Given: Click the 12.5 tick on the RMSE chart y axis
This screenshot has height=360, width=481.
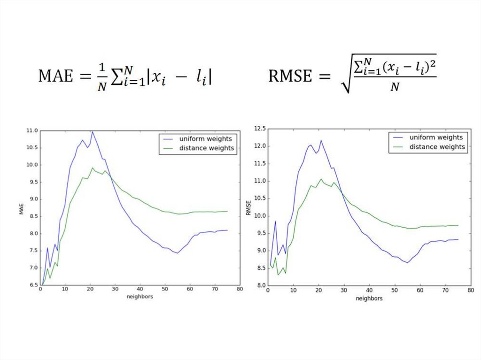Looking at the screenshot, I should pyautogui.click(x=259, y=128).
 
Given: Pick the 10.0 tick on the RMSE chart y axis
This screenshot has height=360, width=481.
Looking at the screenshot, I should pyautogui.click(x=259, y=216).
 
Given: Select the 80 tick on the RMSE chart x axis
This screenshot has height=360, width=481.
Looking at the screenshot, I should pyautogui.click(x=468, y=291).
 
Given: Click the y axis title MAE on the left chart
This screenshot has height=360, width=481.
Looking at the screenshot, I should pyautogui.click(x=21, y=209).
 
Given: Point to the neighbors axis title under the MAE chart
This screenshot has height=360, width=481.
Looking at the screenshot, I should pyautogui.click(x=140, y=297).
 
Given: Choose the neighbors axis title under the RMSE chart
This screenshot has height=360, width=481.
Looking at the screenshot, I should pyautogui.click(x=368, y=298).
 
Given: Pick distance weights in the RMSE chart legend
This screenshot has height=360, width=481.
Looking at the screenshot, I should pyautogui.click(x=437, y=147).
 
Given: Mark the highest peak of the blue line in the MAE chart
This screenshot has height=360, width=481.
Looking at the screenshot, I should pyautogui.click(x=93, y=132).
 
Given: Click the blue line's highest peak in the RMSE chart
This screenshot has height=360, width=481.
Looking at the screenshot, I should pyautogui.click(x=321, y=140).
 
